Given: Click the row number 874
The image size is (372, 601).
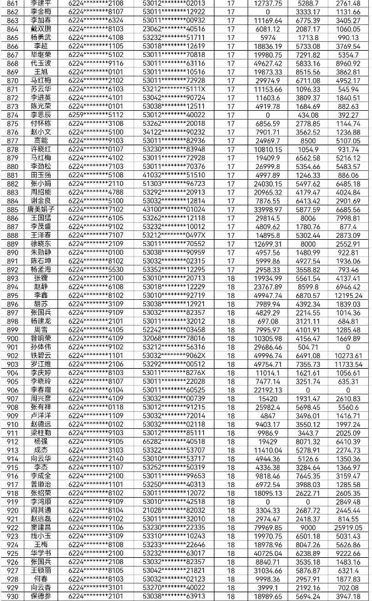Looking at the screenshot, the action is click(x=11, y=115).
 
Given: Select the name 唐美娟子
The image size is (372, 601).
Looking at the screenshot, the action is click(x=41, y=208).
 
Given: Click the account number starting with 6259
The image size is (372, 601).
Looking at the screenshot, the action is click(x=96, y=115).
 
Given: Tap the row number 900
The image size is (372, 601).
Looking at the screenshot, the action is click(x=11, y=338).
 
